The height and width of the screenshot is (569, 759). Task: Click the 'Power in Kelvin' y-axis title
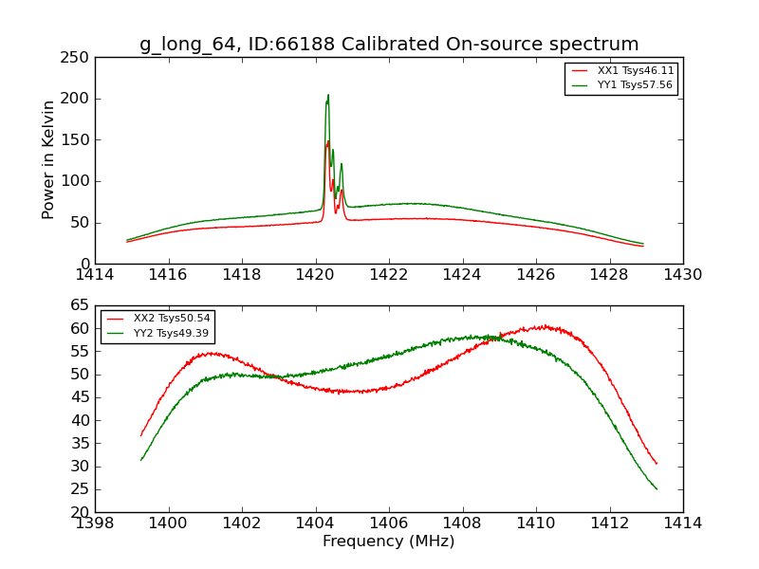[49, 159]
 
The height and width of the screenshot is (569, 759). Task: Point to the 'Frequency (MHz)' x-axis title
[388, 541]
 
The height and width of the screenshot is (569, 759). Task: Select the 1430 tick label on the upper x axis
[682, 274]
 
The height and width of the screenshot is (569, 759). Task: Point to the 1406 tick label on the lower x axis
[388, 523]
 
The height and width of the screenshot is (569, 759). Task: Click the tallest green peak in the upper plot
[328, 96]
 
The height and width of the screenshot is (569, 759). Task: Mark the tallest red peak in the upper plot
[328, 141]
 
